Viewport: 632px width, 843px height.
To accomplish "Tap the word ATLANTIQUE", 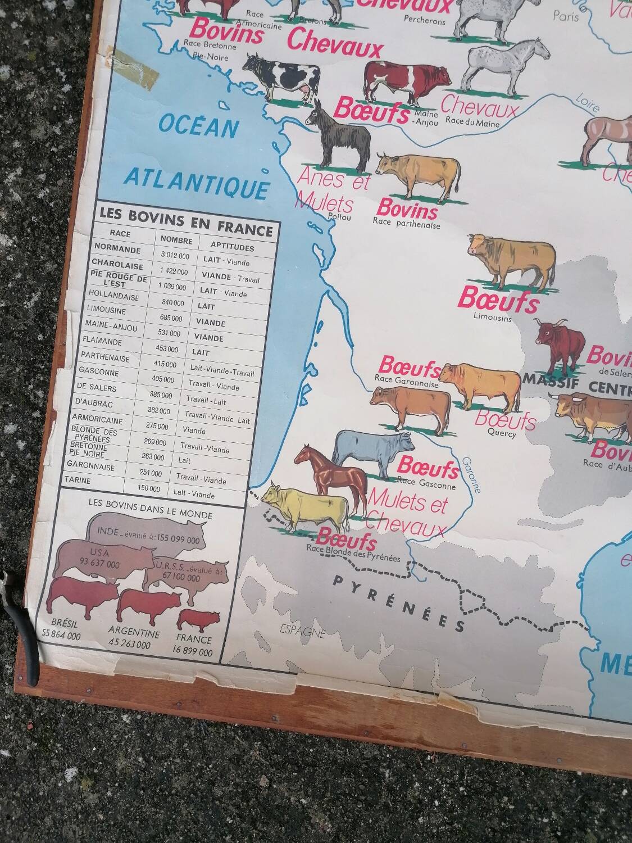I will pos(196,182).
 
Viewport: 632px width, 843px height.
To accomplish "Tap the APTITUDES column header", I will pos(232,246).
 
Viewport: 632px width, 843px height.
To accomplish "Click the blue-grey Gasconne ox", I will pos(369,451).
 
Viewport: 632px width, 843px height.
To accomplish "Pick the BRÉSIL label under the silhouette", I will pos(64,624).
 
